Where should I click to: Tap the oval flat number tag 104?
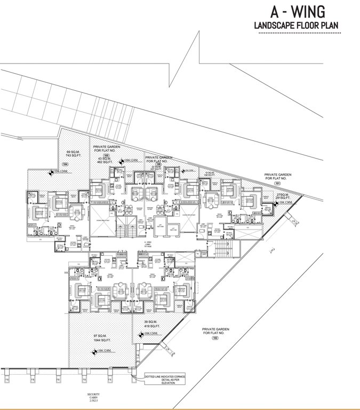[66, 164]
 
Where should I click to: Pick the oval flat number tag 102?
[215, 338]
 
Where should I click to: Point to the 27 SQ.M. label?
[282, 194]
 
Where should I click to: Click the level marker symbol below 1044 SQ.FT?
[96, 351]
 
